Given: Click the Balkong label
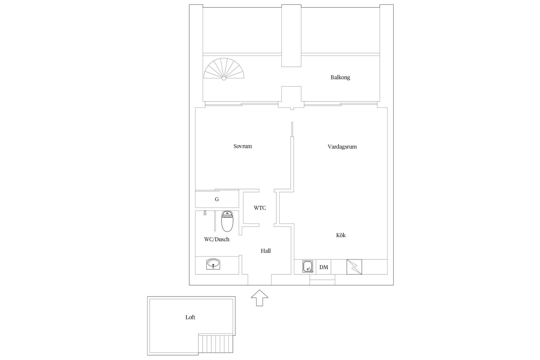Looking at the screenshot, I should [340, 77].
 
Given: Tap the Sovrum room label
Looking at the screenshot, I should [242, 146].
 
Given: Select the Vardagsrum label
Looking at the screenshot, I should [342, 147].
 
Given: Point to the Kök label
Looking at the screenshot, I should [341, 235].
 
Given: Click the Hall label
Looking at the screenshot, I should [265, 251].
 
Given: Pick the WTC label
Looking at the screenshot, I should [260, 208].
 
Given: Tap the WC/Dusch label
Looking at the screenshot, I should [217, 239].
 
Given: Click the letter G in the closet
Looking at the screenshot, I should [217, 199].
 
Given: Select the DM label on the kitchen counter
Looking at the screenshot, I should [324, 267].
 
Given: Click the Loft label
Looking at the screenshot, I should [190, 317].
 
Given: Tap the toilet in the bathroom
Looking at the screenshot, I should [228, 222].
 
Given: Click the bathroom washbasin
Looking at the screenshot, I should [213, 264].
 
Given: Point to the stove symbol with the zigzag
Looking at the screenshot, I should [354, 267].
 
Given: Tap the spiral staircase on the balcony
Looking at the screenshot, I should [224, 69].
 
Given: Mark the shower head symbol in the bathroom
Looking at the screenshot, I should [205, 213].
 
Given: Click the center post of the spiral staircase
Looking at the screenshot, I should [224, 78].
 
